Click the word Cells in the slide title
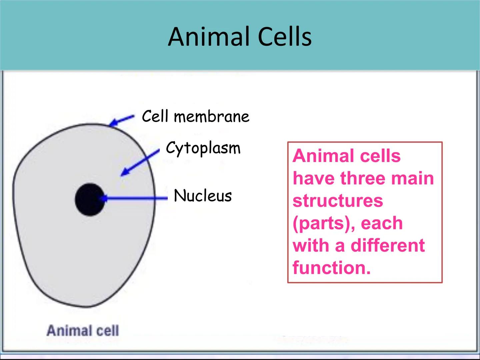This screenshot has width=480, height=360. (x=285, y=36)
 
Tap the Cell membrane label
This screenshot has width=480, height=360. (x=195, y=116)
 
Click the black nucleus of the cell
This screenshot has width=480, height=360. (x=90, y=199)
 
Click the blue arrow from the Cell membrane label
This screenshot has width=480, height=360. (x=122, y=120)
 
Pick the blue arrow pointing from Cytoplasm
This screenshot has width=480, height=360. (x=140, y=163)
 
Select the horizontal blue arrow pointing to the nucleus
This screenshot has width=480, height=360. (x=133, y=198)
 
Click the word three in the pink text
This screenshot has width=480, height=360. (x=363, y=178)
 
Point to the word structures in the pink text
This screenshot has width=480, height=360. (x=338, y=201)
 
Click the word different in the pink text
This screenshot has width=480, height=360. (x=388, y=245)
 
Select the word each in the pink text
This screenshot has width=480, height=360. (x=382, y=223)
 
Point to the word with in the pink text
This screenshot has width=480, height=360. (x=311, y=245)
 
